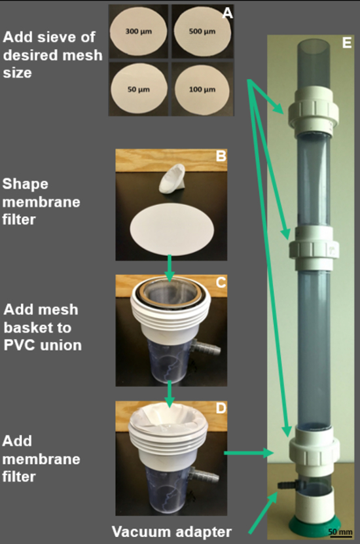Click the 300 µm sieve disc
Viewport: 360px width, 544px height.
[138, 31]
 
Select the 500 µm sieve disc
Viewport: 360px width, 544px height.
[202, 31]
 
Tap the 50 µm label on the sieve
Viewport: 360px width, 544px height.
[138, 90]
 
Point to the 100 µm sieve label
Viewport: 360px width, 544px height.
[202, 90]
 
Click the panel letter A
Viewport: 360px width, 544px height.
[227, 13]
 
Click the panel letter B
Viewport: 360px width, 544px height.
[221, 156]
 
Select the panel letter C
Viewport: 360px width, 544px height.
[221, 282]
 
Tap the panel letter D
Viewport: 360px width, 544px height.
[221, 408]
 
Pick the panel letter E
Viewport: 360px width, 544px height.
[346, 43]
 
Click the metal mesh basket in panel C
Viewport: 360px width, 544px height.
[170, 295]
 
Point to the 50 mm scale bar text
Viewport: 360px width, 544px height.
[340, 531]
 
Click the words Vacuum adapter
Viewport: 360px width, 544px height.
[171, 532]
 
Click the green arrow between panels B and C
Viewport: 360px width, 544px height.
[170, 268]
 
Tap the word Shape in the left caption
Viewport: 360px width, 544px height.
[25, 185]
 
